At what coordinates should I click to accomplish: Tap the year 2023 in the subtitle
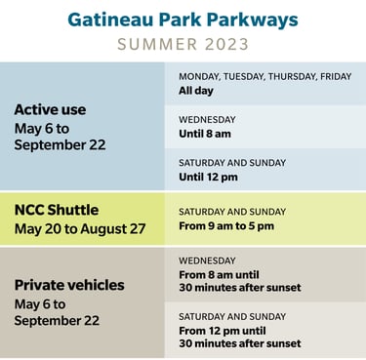pyautogui.click(x=224, y=44)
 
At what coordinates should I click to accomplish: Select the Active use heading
pyautogui.click(x=50, y=109)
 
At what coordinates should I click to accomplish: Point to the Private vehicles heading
pyautogui.click(x=69, y=285)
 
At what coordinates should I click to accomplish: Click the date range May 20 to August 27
pyautogui.click(x=78, y=228)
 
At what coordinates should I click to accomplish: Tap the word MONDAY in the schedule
pyautogui.click(x=200, y=76)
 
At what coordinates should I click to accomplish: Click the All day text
pyautogui.click(x=195, y=91)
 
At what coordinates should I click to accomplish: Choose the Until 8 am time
pyautogui.click(x=207, y=134)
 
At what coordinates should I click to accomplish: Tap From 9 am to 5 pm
pyautogui.click(x=226, y=226)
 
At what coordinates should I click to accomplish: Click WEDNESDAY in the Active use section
pyautogui.click(x=207, y=119)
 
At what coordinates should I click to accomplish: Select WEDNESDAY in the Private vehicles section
pyautogui.click(x=207, y=260)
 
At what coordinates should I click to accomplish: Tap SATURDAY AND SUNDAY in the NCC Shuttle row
pyautogui.click(x=232, y=211)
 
